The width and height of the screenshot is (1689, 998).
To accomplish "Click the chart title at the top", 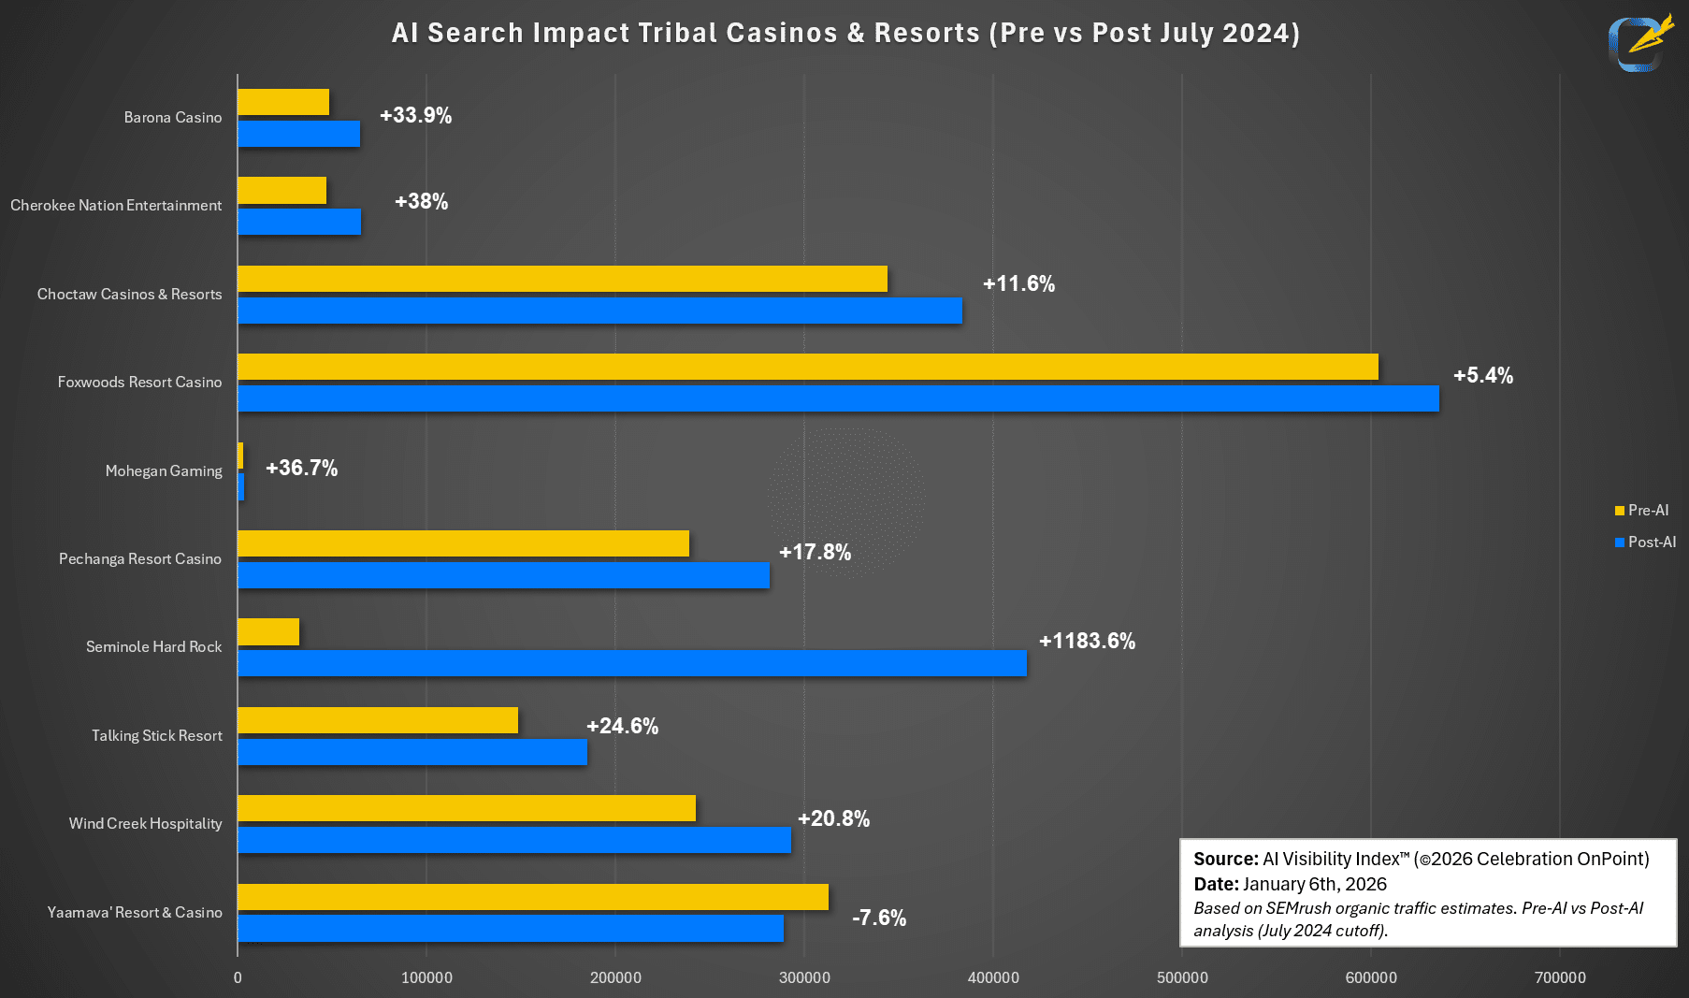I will [844, 33].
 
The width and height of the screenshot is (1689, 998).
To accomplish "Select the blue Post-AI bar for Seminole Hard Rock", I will [631, 663].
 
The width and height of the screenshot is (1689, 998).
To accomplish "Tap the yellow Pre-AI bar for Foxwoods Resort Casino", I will [807, 367].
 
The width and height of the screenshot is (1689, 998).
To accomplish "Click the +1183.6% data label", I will [1087, 641].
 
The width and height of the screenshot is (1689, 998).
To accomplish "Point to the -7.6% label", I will [879, 918].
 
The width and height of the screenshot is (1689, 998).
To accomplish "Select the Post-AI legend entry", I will [1645, 542].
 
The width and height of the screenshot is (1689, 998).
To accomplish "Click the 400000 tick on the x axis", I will [993, 977].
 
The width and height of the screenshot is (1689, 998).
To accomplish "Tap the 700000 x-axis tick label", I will [1560, 977].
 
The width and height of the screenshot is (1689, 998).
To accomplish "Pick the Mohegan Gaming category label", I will [164, 470].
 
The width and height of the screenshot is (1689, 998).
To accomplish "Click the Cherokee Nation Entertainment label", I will [116, 205].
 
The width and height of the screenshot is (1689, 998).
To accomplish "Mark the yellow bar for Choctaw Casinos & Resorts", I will [562, 279].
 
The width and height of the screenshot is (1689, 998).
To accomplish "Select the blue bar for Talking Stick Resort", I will [412, 752].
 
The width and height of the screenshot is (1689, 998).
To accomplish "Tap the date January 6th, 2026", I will [1314, 884].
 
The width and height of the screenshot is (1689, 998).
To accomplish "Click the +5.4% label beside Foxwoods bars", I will [1482, 375].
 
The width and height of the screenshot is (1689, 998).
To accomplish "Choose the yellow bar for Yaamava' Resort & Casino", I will [533, 897].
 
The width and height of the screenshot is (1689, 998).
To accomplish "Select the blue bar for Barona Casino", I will [298, 134].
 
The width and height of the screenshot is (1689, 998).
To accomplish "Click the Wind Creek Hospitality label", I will [145, 823].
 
